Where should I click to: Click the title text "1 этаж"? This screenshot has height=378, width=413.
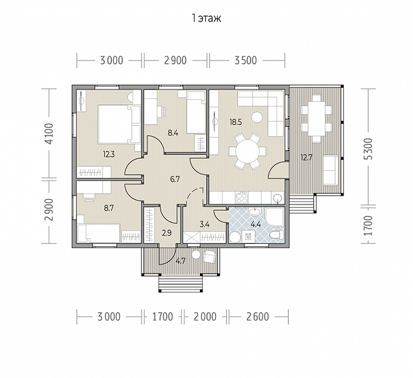point(206,19)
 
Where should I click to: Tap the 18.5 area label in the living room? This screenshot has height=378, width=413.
point(236,122)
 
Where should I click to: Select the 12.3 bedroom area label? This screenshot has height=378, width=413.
point(109,154)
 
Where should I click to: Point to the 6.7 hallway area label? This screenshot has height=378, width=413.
point(175,180)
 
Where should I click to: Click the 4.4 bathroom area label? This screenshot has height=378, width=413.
point(256,225)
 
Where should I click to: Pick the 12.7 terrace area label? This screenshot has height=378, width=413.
point(306,158)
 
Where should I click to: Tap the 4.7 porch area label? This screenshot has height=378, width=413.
point(181,261)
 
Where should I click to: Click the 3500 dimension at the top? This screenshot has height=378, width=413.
point(246,60)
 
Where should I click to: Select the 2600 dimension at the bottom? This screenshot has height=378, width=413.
point(258,317)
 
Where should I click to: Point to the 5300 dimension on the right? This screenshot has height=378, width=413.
point(369,149)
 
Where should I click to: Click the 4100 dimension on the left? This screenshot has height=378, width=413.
point(50,134)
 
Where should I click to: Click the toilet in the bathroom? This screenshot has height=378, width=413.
point(276,235)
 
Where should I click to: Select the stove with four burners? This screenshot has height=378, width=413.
point(242,198)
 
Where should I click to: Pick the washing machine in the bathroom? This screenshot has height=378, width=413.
point(248,236)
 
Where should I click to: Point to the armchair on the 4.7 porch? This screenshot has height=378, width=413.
point(209,256)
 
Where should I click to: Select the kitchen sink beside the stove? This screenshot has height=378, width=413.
point(277,198)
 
